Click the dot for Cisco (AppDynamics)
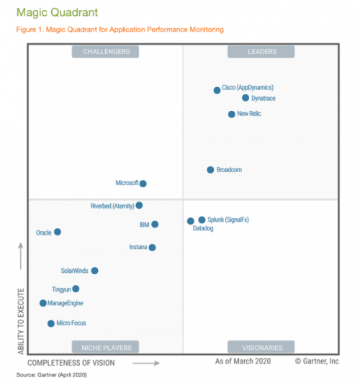pyautogui.click(x=217, y=90)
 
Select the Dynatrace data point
pyautogui.click(x=246, y=98)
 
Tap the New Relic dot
pyautogui.click(x=231, y=114)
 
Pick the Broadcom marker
pyautogui.click(x=210, y=170)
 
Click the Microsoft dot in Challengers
pyautogui.click(x=143, y=184)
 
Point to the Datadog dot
pyautogui.click(x=191, y=221)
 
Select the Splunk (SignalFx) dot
pyautogui.click(x=202, y=220)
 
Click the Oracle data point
pyautogui.click(x=58, y=232)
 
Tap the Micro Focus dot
pyautogui.click(x=51, y=324)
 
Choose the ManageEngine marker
pyautogui.click(x=43, y=303)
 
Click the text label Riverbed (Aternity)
pyautogui.click(x=112, y=206)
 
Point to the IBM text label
pyautogui.click(x=143, y=225)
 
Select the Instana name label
pyautogui.click(x=138, y=248)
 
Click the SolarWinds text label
pyautogui.click(x=75, y=271)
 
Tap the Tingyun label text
pyautogui.click(x=61, y=289)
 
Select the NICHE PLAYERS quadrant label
pyautogui.click(x=107, y=347)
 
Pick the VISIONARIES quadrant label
pyautogui.click(x=261, y=347)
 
